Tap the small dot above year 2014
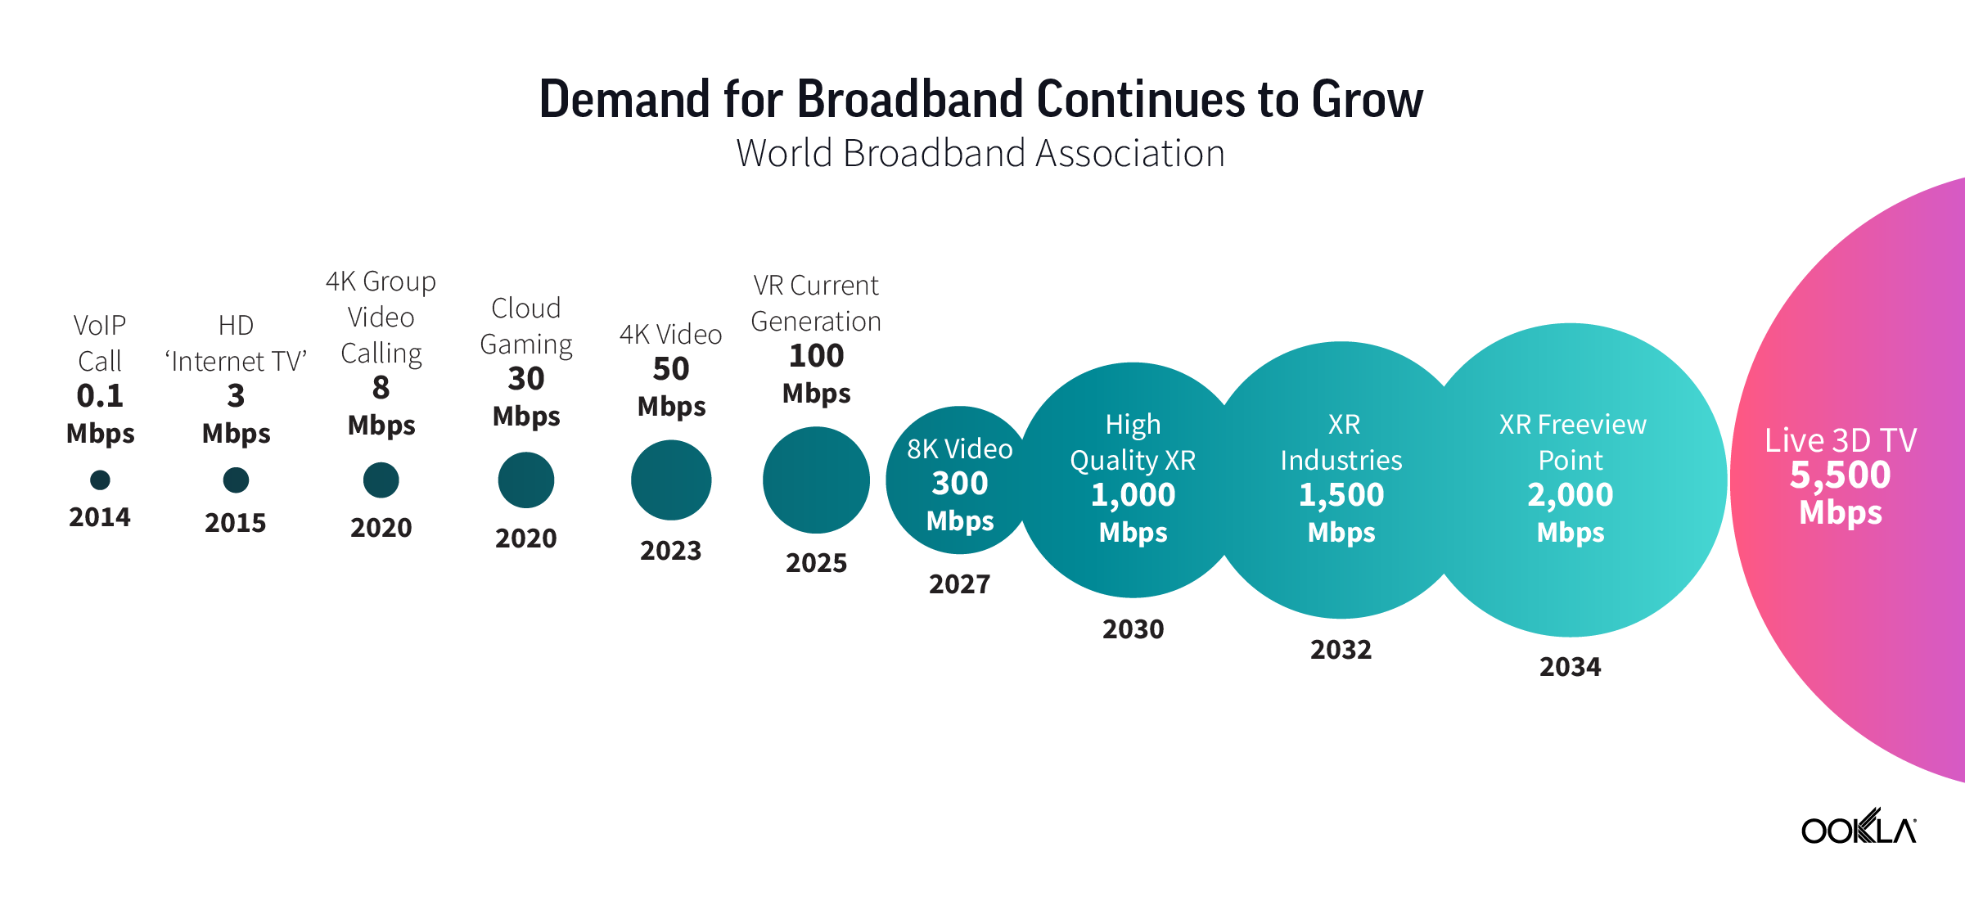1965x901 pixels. (100, 480)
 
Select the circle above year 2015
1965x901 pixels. (236, 480)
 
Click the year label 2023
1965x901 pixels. (670, 551)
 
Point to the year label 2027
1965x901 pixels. (959, 584)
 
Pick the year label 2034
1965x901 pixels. (1570, 667)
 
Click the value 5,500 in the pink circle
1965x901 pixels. (1840, 475)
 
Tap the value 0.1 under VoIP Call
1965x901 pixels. (100, 396)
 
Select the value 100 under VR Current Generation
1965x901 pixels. (816, 356)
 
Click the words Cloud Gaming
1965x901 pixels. (525, 326)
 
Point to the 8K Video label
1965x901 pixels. (959, 448)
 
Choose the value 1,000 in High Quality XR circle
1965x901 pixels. (1133, 495)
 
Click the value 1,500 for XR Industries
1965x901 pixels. (1341, 495)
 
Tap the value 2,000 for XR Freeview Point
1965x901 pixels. (1570, 495)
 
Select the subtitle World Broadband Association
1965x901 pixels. (980, 153)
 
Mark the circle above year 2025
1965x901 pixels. (816, 480)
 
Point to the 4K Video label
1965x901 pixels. (670, 334)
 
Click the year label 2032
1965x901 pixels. (1341, 650)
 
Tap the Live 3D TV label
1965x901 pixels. (1840, 440)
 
